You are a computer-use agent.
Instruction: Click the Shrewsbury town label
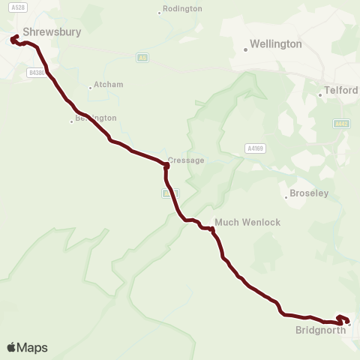tap(52, 32)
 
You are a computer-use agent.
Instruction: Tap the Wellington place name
tap(277, 44)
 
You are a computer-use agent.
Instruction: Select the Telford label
tap(343, 91)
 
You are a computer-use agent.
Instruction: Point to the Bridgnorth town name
tap(321, 329)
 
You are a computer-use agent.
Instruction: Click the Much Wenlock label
tap(237, 222)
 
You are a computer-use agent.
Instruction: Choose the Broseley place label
tap(310, 193)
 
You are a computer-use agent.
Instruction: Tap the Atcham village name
tap(109, 85)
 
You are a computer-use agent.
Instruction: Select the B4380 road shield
tap(36, 72)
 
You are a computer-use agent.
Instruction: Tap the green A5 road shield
tap(142, 57)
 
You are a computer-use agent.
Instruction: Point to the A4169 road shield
tap(256, 148)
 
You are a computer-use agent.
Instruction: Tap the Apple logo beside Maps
tap(11, 348)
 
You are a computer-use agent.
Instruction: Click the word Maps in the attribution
tap(32, 348)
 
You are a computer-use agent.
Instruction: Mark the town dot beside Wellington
tap(245, 50)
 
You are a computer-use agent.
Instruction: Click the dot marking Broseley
tap(285, 198)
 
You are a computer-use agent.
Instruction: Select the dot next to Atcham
tap(91, 88)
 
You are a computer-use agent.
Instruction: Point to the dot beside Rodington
tap(160, 12)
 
